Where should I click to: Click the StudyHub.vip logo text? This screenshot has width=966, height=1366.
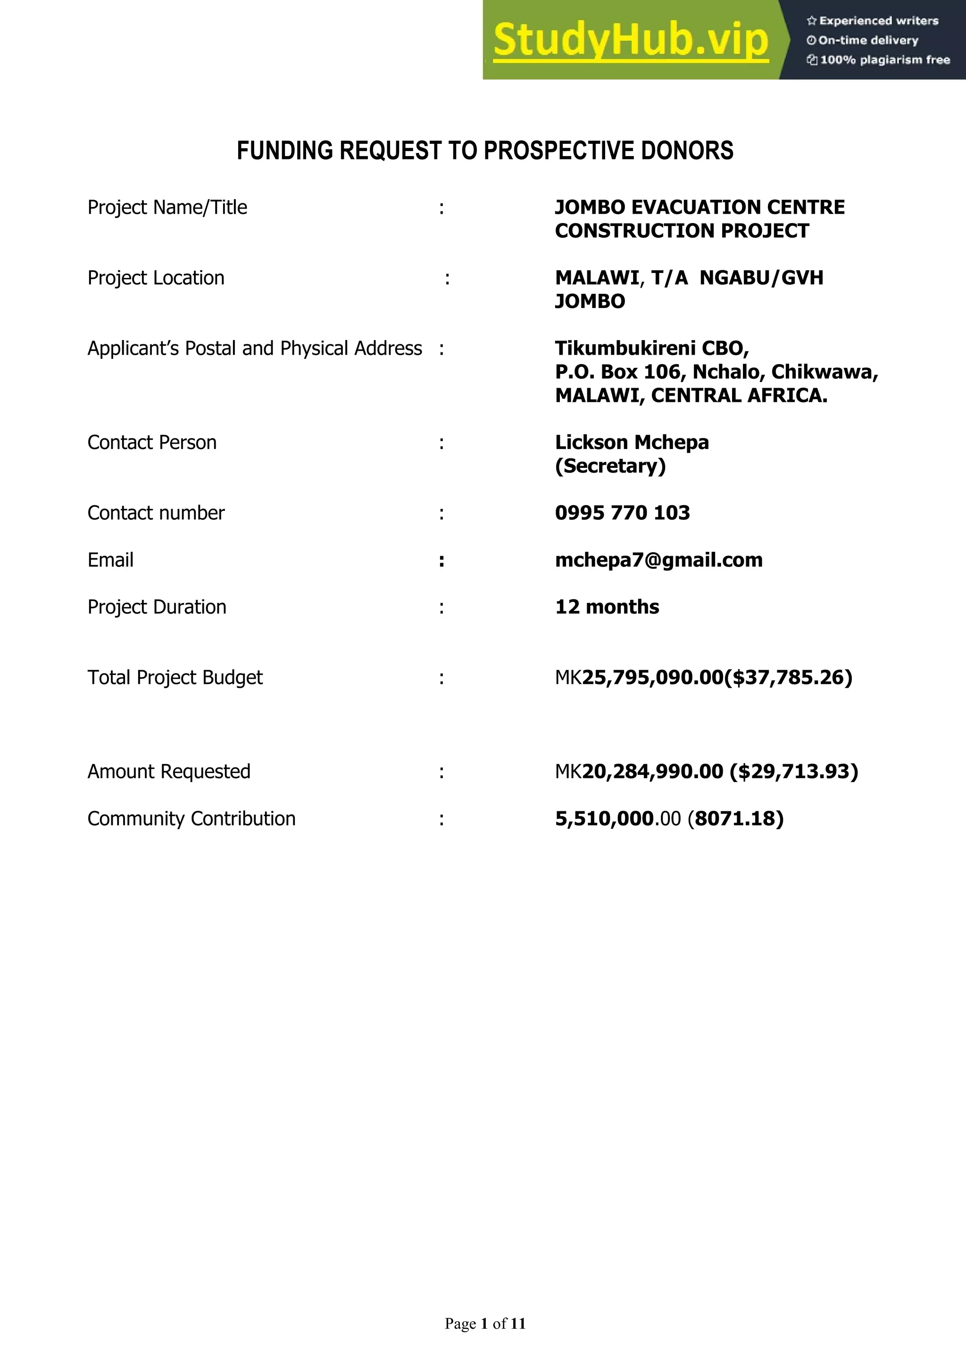click(x=631, y=41)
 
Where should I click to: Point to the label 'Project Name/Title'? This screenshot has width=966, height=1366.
click(x=167, y=208)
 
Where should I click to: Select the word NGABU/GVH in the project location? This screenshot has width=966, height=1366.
click(x=761, y=278)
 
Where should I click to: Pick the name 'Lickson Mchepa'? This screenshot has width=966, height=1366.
click(x=632, y=442)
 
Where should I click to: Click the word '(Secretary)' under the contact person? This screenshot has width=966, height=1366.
click(x=610, y=466)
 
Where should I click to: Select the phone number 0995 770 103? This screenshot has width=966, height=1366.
click(x=622, y=513)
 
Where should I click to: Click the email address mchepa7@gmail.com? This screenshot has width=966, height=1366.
click(x=658, y=560)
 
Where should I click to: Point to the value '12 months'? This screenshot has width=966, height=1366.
click(x=607, y=607)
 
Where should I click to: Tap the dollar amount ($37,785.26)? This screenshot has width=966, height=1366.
click(x=788, y=678)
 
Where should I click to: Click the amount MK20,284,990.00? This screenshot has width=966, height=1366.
click(x=639, y=772)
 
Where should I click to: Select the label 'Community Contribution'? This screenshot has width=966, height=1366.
click(x=191, y=819)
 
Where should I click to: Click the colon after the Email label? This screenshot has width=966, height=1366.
click(x=441, y=560)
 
